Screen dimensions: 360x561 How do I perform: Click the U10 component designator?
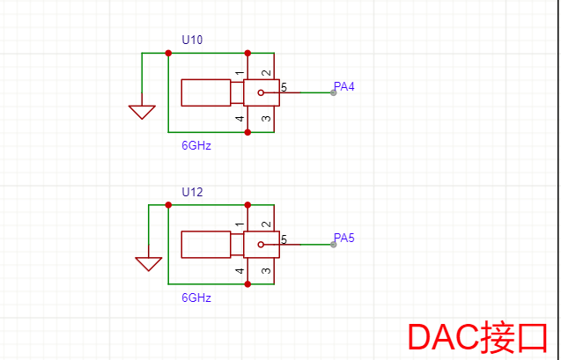click(192, 40)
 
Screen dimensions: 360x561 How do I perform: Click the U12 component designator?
click(192, 192)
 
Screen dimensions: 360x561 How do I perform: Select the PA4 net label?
click(343, 86)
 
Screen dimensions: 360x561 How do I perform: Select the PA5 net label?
click(343, 238)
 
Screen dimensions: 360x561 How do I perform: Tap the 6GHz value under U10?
click(196, 146)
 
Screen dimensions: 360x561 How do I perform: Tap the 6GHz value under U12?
click(196, 298)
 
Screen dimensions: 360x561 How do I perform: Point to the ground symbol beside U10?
click(142, 112)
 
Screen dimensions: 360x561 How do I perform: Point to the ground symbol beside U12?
click(148, 263)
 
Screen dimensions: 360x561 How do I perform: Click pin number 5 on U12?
click(284, 239)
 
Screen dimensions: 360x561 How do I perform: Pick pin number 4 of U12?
click(240, 270)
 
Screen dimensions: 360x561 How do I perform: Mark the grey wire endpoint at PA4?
click(333, 92)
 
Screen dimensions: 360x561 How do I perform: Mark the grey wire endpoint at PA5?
click(333, 244)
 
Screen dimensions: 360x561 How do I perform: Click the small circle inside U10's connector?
click(261, 92)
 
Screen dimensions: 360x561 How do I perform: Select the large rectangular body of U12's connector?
click(205, 244)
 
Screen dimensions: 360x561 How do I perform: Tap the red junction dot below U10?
click(247, 132)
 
